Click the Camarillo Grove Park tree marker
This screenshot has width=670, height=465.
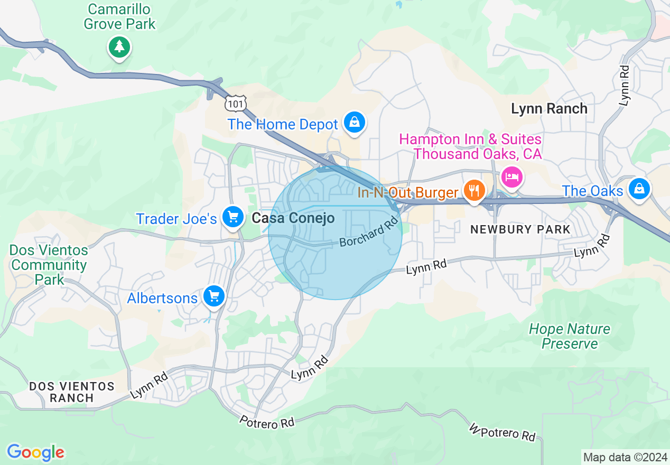coord(120,48)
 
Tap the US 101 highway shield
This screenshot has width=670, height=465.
coord(235,104)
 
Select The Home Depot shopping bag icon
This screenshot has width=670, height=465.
coord(355,123)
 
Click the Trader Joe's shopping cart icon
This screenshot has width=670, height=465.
coord(232,217)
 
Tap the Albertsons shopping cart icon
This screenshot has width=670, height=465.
coord(214,296)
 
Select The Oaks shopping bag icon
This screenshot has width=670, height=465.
coord(639,189)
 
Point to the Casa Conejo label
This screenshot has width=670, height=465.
coord(293,218)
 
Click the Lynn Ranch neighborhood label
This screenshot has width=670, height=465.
coord(549,109)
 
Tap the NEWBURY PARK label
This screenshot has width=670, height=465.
coord(520,229)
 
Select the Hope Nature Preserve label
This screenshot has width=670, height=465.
coord(570,336)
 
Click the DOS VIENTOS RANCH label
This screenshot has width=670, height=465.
coord(72,392)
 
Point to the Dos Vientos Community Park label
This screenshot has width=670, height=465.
coord(49,265)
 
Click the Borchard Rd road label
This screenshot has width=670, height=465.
coord(368,233)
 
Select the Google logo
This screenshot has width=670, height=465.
coord(36,452)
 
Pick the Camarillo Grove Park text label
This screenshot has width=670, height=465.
coord(119,16)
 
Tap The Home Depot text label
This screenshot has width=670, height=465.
coord(283,125)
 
